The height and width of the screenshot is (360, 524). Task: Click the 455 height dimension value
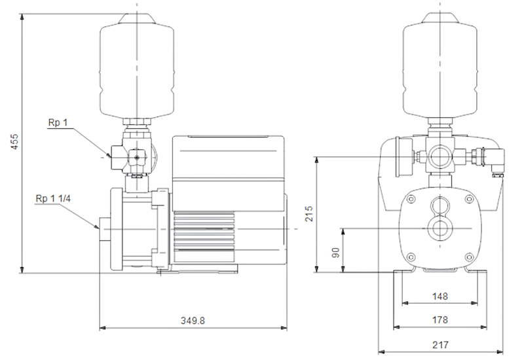[x=15, y=141]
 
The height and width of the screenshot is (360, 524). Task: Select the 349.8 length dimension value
[x=193, y=321]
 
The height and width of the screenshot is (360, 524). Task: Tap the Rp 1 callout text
[x=58, y=122]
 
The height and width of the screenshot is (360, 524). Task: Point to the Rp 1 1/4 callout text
[x=53, y=199]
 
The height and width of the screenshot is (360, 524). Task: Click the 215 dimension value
[x=309, y=213]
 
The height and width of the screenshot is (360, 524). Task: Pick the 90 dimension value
[x=335, y=253]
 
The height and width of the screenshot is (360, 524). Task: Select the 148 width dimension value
[x=440, y=297]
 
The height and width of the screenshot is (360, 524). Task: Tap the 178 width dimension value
[x=440, y=320]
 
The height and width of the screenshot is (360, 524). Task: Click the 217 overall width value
[x=440, y=345]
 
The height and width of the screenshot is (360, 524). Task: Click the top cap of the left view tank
[x=137, y=18]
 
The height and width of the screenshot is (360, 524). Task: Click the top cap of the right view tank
[x=440, y=18]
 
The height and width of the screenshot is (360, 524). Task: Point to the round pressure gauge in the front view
[x=400, y=156]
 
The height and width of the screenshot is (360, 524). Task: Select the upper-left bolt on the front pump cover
[x=411, y=200]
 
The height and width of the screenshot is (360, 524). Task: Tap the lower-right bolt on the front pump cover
[x=469, y=257]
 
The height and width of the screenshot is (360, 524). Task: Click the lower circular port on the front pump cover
[x=440, y=228]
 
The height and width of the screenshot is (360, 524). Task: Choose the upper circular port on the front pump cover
[x=440, y=205]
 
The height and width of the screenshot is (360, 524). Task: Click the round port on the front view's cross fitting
[x=440, y=156]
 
